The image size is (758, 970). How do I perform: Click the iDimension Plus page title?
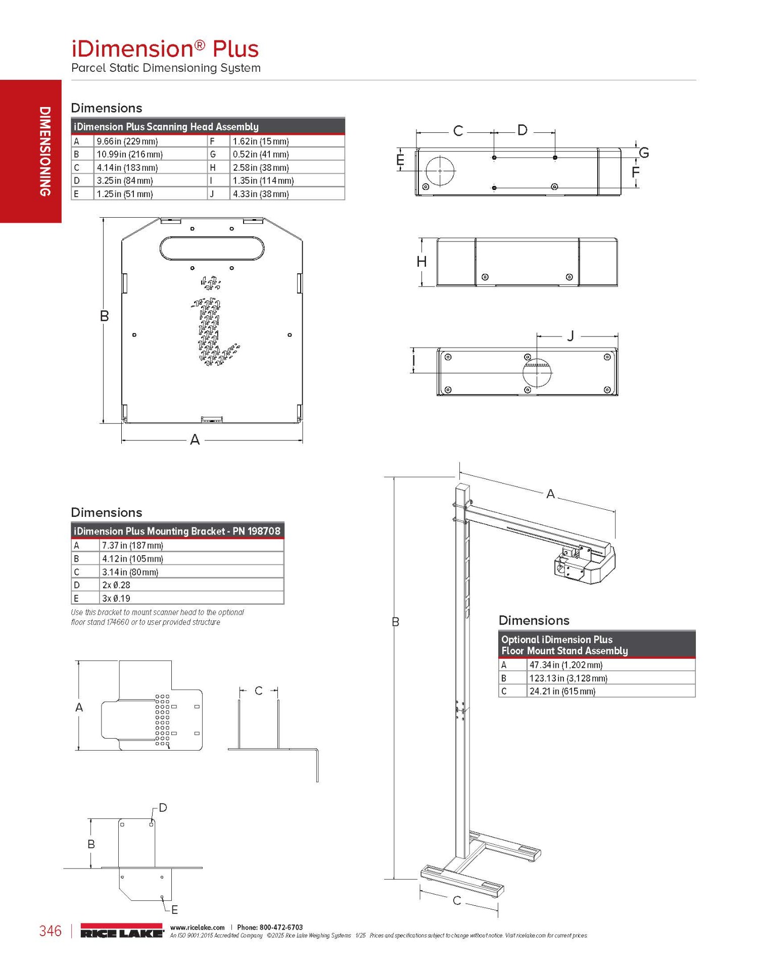tap(165, 49)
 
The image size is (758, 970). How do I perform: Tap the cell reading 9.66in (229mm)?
tap(150, 141)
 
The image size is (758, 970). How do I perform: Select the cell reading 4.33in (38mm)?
tap(287, 193)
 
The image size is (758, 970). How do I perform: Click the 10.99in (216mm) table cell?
tap(150, 155)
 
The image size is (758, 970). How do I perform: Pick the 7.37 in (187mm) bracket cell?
tap(192, 546)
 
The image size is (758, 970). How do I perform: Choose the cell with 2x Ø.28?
tap(192, 585)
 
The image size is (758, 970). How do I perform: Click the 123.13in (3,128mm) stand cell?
tap(611, 678)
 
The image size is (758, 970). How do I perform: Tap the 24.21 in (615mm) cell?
tap(611, 691)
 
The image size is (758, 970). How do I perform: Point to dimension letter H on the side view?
tap(421, 262)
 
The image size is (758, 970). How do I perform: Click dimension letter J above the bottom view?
tap(571, 336)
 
